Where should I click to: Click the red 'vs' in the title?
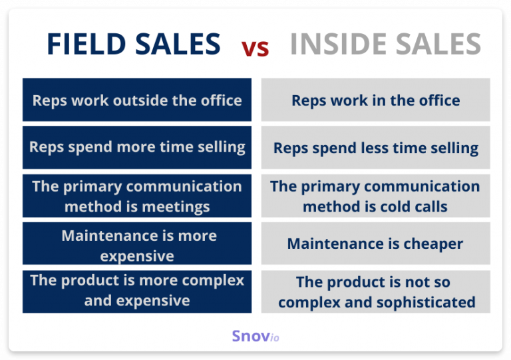tap(255, 47)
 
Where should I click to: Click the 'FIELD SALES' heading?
tap(133, 45)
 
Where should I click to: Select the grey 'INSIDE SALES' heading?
tap(385, 45)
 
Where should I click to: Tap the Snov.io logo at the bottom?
tap(255, 337)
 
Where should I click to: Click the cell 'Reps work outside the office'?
tap(137, 100)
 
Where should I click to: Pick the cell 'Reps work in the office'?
tap(375, 100)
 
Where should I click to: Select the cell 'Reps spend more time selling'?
tap(137, 147)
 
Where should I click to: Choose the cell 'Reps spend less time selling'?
tap(375, 147)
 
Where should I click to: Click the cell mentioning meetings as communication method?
tap(137, 196)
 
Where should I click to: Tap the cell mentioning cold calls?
tap(375, 196)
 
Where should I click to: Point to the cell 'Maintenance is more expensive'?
tap(137, 244)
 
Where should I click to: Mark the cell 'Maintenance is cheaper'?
tap(375, 244)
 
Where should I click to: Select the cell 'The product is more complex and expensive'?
tap(137, 291)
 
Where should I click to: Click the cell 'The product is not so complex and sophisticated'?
tap(375, 291)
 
